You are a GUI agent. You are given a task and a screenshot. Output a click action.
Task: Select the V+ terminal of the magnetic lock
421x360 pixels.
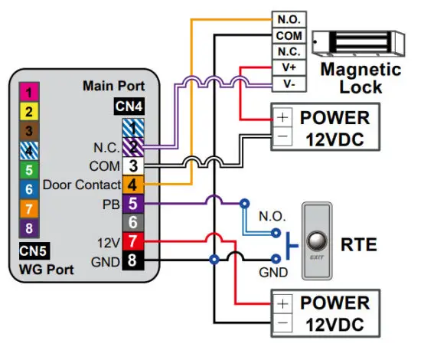(x=289, y=68)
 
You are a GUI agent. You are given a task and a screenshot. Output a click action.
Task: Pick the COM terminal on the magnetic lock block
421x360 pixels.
(x=289, y=36)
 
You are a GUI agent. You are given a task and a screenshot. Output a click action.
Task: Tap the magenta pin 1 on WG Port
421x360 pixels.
(x=29, y=93)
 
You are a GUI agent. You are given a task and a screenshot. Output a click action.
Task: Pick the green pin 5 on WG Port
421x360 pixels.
(x=29, y=169)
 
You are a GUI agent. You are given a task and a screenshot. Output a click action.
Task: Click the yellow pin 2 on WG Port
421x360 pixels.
(x=29, y=112)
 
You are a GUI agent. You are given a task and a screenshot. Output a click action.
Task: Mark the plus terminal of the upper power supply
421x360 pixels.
(x=282, y=119)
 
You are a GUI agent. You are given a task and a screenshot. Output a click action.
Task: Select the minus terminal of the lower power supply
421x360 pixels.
(x=282, y=323)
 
